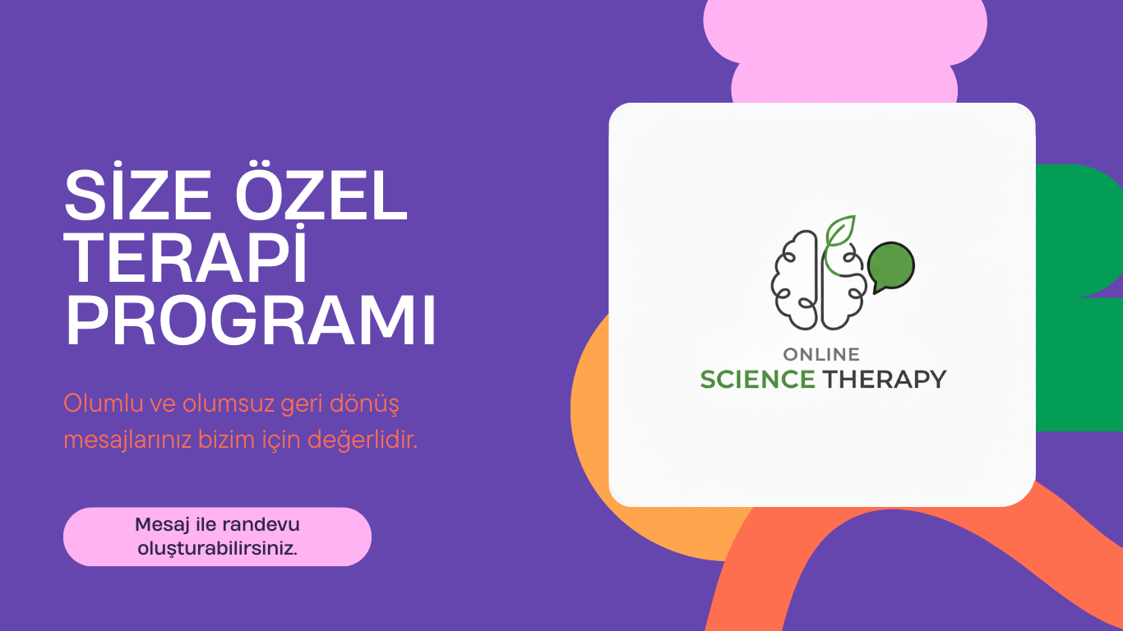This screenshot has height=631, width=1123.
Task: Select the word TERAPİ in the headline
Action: coord(187,260)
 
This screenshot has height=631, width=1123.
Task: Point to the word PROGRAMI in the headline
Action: coord(251,321)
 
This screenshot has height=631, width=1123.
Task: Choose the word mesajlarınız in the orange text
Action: coord(127,440)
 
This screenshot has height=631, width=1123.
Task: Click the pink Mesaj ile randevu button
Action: coord(217,537)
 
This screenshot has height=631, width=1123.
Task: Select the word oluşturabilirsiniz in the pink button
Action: coord(217,548)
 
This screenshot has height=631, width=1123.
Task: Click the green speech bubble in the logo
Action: coord(891,265)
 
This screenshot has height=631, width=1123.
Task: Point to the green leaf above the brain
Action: coord(841,231)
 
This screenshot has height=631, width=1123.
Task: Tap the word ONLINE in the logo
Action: coord(821,355)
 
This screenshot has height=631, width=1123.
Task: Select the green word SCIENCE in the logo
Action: coord(757,380)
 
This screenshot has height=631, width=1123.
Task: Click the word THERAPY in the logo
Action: coord(885,380)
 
